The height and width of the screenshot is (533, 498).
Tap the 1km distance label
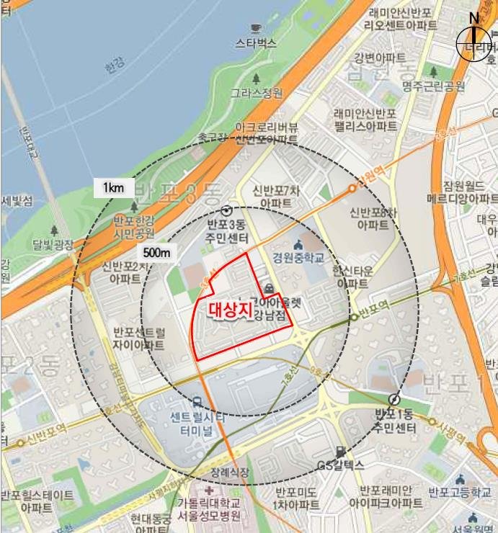[114, 189]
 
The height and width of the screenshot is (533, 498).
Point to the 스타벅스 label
[256, 43]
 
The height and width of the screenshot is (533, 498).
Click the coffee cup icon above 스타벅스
[256, 29]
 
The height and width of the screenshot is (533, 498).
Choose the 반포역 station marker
[353, 316]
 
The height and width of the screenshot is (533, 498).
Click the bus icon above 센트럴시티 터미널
[197, 402]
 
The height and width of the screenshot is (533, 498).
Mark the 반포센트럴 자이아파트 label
[139, 339]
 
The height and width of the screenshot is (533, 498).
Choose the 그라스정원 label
[257, 93]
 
